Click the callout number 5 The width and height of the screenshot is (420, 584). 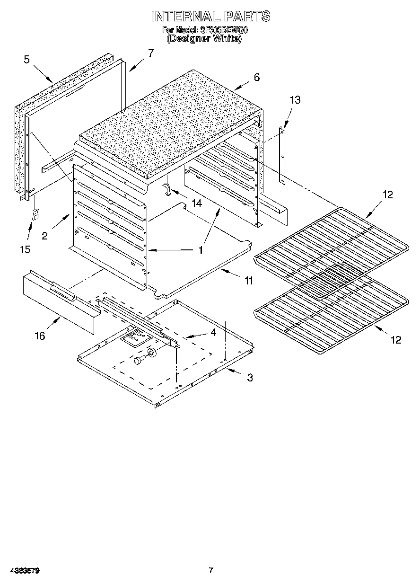pos(26,59)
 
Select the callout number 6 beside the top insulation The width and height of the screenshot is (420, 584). pos(256,77)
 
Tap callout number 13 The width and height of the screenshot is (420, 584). pos(295,100)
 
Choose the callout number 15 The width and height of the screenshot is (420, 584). pos(25,249)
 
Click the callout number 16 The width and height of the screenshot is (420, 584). pos(40,336)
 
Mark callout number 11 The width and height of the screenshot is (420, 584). pos(248,281)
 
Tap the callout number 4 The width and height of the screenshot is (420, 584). pos(213,333)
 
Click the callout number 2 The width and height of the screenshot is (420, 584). pos(44,235)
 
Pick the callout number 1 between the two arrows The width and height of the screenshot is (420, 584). pos(201,250)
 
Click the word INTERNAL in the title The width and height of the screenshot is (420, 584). pos(185,17)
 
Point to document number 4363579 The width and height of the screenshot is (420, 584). pos(23,571)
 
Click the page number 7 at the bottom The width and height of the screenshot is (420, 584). pos(211,570)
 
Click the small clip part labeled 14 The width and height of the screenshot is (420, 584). pos(167,190)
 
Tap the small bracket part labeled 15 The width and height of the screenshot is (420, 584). pos(35,215)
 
